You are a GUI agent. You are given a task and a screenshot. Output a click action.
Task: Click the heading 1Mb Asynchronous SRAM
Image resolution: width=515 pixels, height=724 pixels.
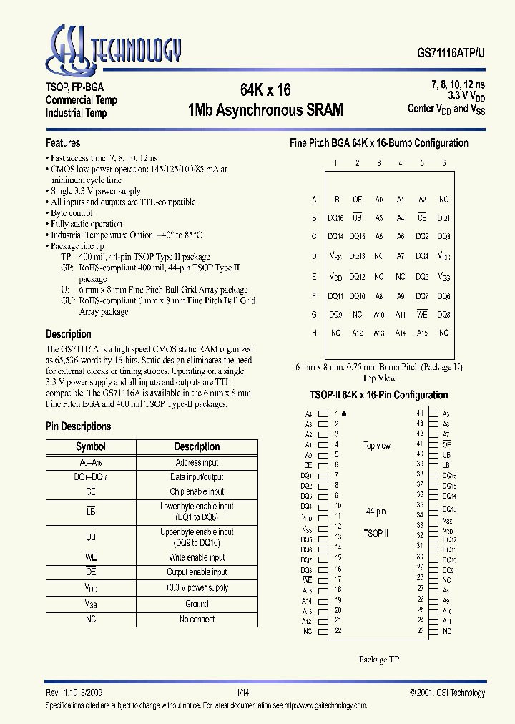(x=265, y=110)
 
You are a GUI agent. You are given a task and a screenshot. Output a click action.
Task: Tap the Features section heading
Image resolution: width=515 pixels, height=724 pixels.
(x=63, y=142)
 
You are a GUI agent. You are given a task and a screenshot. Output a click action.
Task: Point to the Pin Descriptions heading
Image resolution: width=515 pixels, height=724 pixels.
(x=78, y=426)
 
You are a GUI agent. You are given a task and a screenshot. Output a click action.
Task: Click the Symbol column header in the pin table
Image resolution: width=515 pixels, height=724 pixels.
(x=91, y=446)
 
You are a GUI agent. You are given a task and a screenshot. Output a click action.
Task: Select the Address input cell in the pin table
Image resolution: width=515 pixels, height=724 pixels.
(x=197, y=463)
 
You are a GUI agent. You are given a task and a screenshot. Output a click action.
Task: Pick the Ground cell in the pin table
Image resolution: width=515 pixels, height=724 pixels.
(x=197, y=604)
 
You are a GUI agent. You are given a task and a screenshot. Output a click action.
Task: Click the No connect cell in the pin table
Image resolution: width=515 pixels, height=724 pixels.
(x=197, y=619)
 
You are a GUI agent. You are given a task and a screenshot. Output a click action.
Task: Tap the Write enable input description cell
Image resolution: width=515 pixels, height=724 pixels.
(x=197, y=557)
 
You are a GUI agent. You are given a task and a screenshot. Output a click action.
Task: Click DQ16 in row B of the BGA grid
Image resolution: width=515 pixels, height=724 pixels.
(x=335, y=217)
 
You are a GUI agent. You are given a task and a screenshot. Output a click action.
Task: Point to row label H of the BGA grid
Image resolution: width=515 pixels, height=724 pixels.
(x=314, y=333)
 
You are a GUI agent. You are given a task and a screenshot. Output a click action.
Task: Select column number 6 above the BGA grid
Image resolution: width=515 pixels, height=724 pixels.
(x=443, y=163)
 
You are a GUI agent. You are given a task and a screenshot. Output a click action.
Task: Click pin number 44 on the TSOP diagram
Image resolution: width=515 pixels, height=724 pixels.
(x=420, y=414)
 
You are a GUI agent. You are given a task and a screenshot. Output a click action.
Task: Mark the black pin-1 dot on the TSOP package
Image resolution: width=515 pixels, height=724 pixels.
(x=345, y=414)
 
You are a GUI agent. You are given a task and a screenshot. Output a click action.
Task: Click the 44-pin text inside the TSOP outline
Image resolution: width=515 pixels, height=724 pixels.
(x=376, y=512)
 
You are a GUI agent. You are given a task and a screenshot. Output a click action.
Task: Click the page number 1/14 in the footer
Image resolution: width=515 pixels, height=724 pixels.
(x=242, y=693)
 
